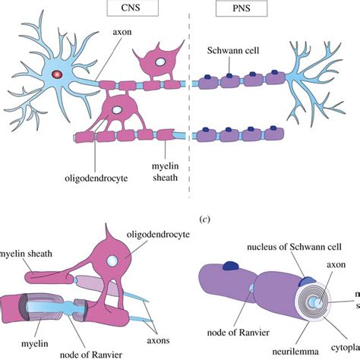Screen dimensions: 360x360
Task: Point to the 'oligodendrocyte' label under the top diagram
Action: (95, 180)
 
